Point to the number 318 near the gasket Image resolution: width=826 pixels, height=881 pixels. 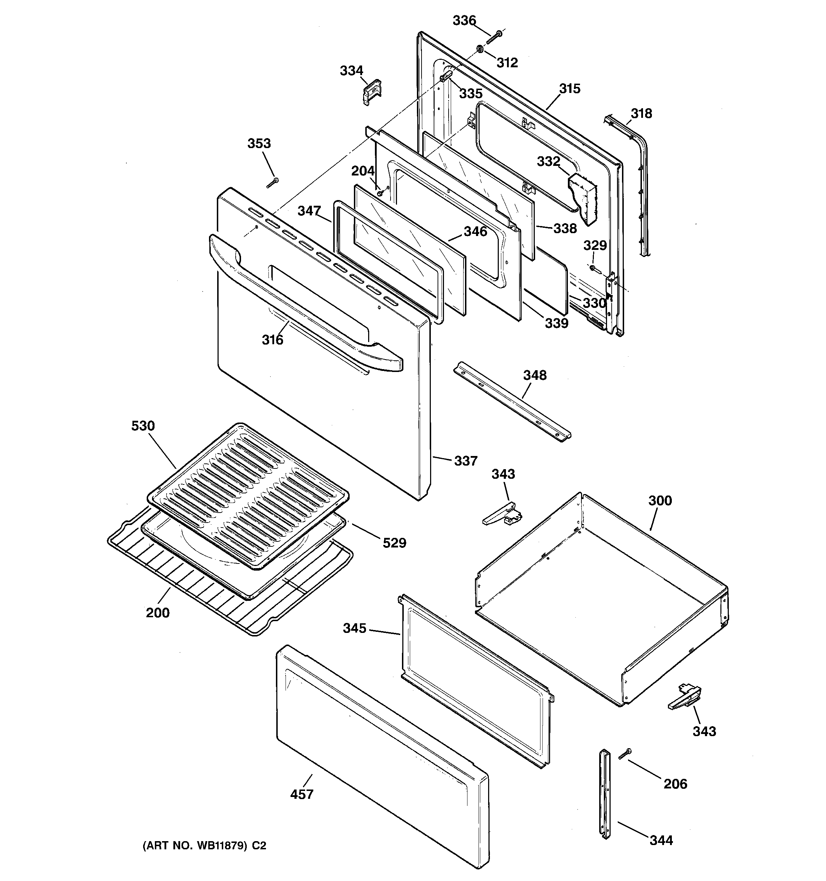coord(641,114)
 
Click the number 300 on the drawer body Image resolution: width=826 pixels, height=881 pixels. coord(660,500)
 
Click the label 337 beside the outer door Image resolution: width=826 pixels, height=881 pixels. coord(465,461)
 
